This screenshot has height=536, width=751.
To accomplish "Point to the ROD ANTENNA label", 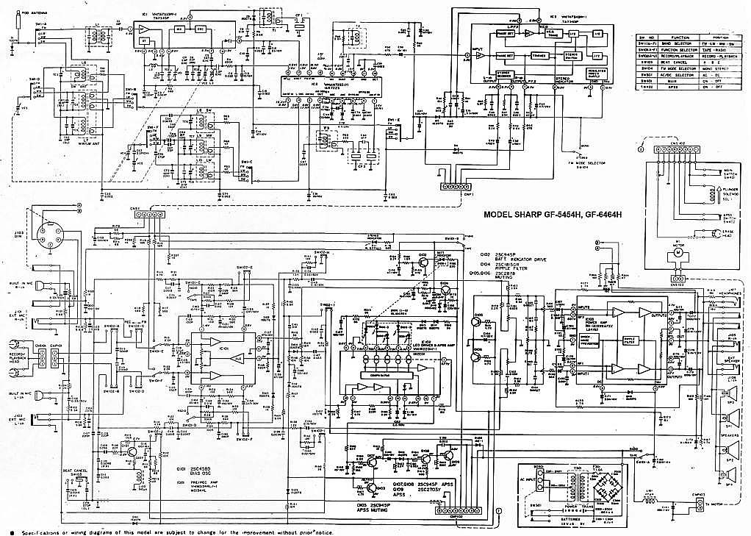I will pyautogui.click(x=32, y=14).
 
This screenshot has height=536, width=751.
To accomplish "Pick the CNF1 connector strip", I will pyautogui.click(x=456, y=187).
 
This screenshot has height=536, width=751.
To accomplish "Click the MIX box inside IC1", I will pyautogui.click(x=179, y=28).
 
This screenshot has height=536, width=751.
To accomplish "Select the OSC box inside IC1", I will pyautogui.click(x=200, y=28).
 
